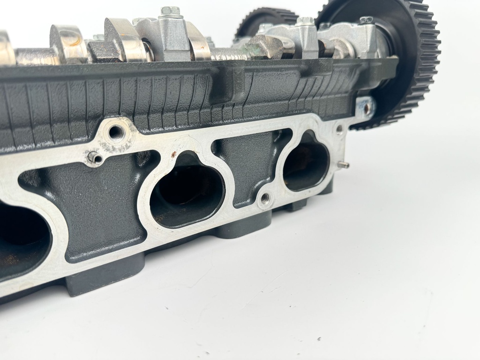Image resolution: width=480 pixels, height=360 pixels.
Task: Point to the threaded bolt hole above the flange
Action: click(116, 132)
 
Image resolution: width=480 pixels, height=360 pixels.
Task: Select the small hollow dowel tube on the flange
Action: click(95, 158)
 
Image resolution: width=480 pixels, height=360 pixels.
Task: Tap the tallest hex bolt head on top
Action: click(170, 12)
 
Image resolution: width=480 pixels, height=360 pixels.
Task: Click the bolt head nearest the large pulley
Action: click(366, 20)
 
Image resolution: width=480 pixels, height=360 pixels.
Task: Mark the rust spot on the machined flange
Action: click(174, 154)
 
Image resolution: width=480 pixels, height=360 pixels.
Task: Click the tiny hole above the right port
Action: click(339, 127)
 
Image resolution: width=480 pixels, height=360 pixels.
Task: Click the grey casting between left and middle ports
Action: click(101, 206)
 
